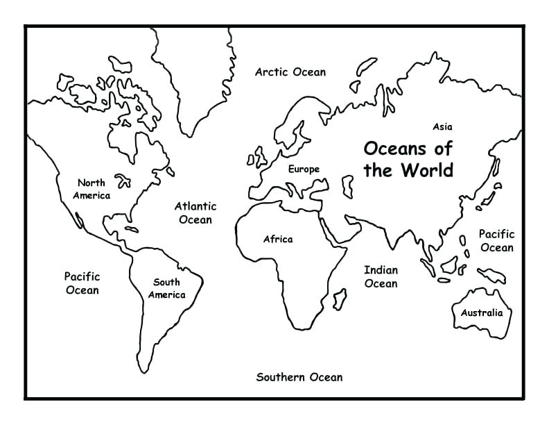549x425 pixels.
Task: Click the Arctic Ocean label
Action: coord(290,72)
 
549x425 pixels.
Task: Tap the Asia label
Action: coord(442,127)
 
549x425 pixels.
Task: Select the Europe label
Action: coord(304,169)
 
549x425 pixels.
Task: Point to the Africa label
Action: coord(278,240)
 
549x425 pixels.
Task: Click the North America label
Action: coord(91,189)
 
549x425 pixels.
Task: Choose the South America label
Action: coord(166,288)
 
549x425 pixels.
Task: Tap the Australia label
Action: coord(482,312)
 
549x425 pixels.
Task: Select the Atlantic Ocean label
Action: coord(195,212)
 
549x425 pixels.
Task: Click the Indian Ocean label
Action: coord(381,276)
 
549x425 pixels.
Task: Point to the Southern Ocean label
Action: coord(299,377)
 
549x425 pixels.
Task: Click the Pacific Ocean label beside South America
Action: coord(82,283)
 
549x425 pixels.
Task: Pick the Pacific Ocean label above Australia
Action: coord(496,241)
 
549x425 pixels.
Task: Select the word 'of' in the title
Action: coord(442,148)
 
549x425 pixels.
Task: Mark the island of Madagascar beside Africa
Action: coord(340,299)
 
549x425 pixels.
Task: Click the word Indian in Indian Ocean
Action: coord(381,269)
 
